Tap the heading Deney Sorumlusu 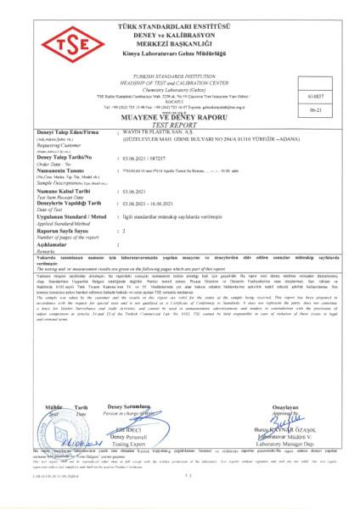click(135, 408)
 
